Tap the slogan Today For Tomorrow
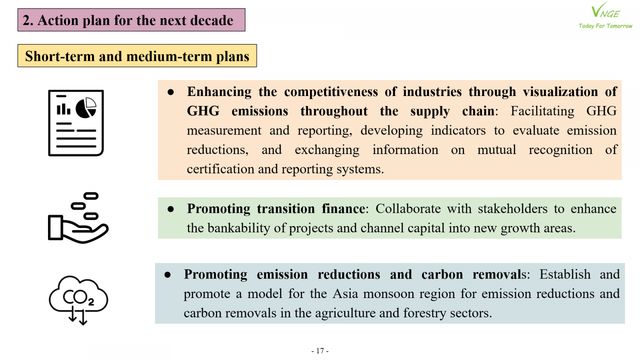[606, 26]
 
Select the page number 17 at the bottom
[320, 350]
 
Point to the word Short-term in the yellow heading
[60, 56]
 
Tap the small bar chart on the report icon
[64, 109]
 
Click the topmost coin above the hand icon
[91, 196]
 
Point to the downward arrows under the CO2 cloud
[78, 315]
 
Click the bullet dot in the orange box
[170, 92]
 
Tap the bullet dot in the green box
[170, 209]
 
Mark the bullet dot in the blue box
[168, 275]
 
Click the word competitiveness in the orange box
[331, 92]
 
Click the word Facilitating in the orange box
[542, 111]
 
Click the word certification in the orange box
[220, 169]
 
